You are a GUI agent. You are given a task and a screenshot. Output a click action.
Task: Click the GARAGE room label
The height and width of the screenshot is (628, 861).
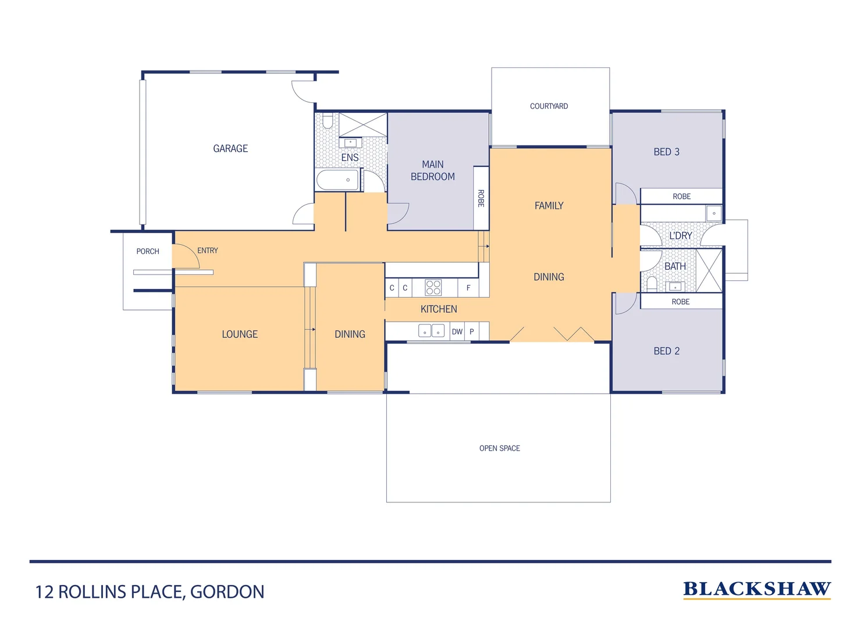pyautogui.click(x=230, y=149)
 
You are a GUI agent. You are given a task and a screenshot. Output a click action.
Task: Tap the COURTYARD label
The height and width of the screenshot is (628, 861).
pyautogui.click(x=549, y=106)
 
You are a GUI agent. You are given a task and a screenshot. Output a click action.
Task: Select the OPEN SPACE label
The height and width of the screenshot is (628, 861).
pyautogui.click(x=499, y=448)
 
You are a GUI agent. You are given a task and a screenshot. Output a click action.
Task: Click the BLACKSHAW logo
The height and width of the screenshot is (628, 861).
pyautogui.click(x=756, y=590)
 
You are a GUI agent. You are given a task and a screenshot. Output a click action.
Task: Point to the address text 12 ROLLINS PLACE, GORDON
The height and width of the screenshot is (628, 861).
pyautogui.click(x=150, y=592)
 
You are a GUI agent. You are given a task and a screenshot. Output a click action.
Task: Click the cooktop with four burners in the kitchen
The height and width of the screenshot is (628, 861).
pyautogui.click(x=433, y=288)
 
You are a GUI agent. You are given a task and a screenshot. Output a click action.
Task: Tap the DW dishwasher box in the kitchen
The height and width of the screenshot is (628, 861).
pyautogui.click(x=457, y=332)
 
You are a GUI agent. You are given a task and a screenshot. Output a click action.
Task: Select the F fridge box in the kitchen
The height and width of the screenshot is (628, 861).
pyautogui.click(x=468, y=288)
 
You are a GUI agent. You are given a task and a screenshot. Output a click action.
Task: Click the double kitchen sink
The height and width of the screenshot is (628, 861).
pyautogui.click(x=431, y=331)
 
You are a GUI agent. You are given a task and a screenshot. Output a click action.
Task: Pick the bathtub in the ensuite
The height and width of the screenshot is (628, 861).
pyautogui.click(x=337, y=180)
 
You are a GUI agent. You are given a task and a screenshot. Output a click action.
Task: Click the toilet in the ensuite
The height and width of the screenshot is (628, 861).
pyautogui.click(x=328, y=121)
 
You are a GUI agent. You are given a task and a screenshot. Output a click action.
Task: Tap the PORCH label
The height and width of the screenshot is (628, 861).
pyautogui.click(x=148, y=252)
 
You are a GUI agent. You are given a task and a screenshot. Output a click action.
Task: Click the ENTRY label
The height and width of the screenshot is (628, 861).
pyautogui.click(x=208, y=251)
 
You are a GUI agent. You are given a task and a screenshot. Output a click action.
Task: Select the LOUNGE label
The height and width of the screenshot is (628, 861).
pyautogui.click(x=240, y=334)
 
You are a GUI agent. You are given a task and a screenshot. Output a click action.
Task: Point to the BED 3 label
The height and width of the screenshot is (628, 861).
pyautogui.click(x=666, y=152)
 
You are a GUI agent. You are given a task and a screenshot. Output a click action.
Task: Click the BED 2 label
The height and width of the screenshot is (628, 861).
pyautogui.click(x=666, y=351)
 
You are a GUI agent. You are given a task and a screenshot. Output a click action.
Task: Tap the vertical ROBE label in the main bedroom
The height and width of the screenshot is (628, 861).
pyautogui.click(x=481, y=198)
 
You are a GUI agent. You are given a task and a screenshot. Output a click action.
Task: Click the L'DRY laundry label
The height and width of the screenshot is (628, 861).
pyautogui.click(x=680, y=236)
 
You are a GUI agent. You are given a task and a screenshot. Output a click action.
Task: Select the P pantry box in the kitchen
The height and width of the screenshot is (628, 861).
pyautogui.click(x=472, y=332)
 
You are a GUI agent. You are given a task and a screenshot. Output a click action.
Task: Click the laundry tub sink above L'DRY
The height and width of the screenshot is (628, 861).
pyautogui.click(x=714, y=213)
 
